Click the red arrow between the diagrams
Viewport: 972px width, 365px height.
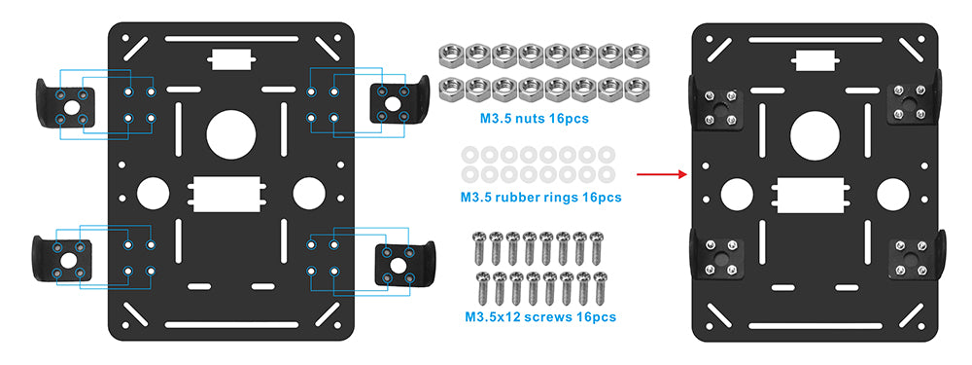[x=662, y=174]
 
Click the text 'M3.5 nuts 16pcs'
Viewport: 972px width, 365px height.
[x=534, y=118]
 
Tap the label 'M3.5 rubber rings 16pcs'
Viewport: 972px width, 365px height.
[x=540, y=198]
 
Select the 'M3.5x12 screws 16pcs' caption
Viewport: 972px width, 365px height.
[x=540, y=317]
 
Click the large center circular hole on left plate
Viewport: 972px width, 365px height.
[x=231, y=134]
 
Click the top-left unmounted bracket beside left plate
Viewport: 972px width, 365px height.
[x=65, y=104]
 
